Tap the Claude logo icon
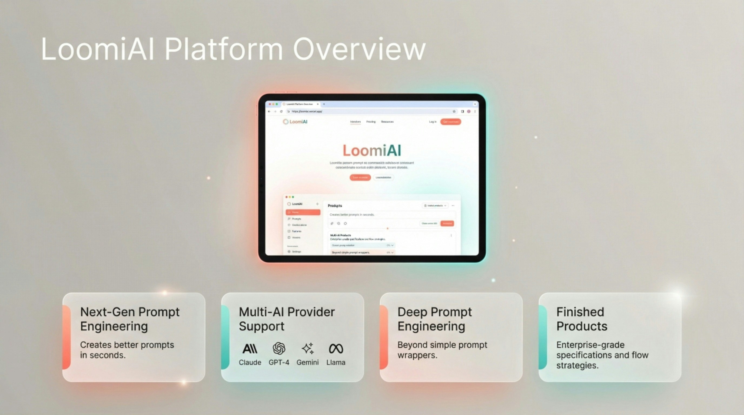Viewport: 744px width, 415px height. click(250, 349)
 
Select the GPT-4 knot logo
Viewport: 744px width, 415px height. click(279, 348)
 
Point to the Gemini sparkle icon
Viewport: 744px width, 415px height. click(308, 348)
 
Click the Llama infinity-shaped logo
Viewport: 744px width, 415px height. click(336, 349)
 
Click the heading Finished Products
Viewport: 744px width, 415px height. click(582, 319)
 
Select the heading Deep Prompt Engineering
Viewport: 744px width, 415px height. click(434, 319)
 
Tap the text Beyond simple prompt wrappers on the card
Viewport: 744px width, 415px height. click(442, 350)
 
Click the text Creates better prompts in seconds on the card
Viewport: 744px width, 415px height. click(127, 350)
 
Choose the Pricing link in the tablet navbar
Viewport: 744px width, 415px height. click(371, 122)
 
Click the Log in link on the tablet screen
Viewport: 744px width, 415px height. click(432, 122)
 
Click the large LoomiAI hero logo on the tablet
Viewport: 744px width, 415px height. click(372, 150)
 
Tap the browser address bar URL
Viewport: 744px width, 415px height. click(307, 111)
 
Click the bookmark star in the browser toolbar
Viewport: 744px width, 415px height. click(454, 111)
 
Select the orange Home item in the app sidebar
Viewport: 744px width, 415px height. click(303, 212)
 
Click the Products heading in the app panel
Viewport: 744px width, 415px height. click(335, 206)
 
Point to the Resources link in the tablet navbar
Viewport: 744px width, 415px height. click(387, 122)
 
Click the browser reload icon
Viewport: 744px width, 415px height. click(281, 111)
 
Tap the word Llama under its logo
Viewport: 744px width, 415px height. click(336, 363)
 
